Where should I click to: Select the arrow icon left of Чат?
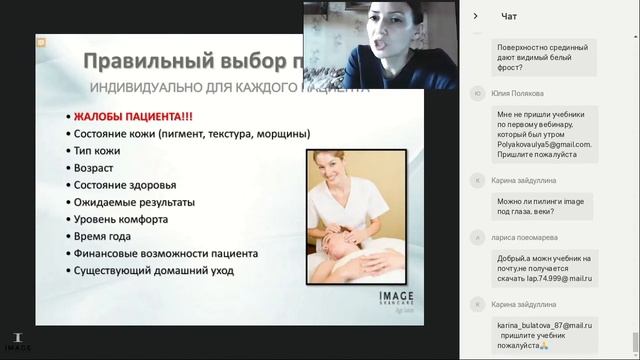[475, 15]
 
